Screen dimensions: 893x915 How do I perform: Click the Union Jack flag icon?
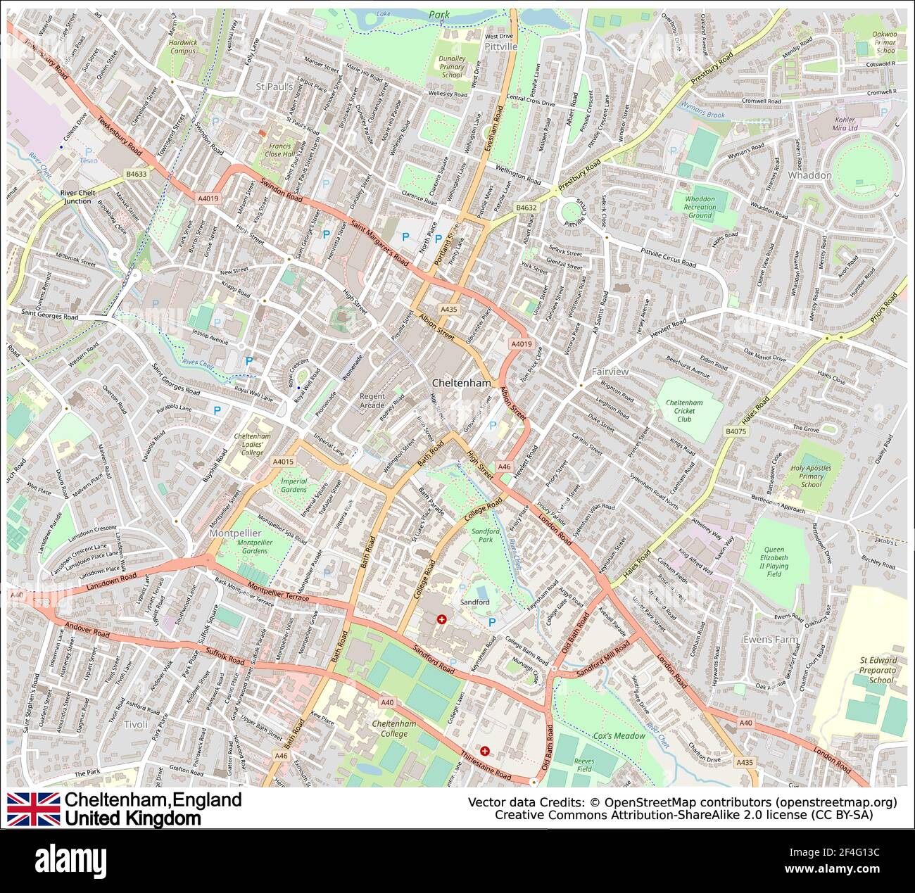33,809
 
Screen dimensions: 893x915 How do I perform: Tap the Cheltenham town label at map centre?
461,384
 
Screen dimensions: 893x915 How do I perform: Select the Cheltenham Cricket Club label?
684,411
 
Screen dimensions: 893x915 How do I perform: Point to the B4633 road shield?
137,173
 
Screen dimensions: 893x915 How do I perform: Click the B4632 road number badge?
526,208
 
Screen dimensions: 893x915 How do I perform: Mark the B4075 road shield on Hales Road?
735,431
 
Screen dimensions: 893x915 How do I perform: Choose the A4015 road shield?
282,462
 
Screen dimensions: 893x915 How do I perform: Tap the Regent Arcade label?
372,400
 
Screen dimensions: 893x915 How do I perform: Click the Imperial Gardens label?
294,485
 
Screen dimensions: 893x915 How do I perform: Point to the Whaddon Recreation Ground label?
700,207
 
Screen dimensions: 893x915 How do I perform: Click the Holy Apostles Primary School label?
811,476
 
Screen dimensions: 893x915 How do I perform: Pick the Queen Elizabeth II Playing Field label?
774,562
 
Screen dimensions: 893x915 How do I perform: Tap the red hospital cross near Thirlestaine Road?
484,751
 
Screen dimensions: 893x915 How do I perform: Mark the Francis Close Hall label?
279,149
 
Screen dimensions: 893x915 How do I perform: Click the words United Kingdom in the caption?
132,818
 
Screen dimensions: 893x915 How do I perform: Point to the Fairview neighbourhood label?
610,371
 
